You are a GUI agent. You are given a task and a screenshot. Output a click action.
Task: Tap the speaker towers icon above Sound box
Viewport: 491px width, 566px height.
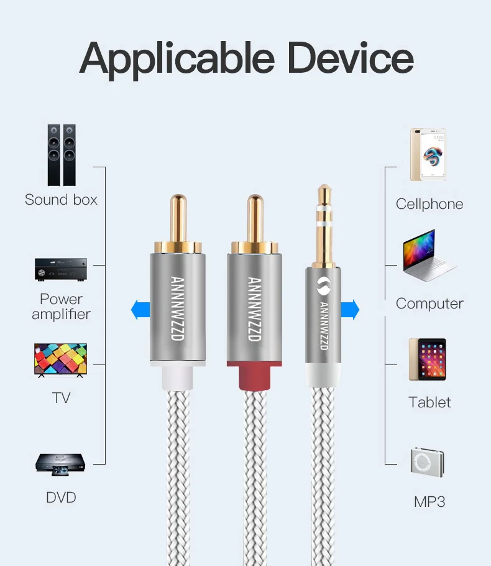coord(62,155)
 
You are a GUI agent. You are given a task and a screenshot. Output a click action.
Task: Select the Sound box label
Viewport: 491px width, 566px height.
coord(62,200)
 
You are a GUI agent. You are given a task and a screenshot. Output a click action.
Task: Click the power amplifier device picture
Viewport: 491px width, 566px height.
coord(61,269)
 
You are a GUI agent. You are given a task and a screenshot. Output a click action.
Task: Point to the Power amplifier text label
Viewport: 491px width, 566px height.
coord(62,307)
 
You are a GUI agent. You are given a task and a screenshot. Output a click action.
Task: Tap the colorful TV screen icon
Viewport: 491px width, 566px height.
coord(60,360)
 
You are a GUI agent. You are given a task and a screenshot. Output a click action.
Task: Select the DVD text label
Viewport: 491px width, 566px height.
coord(61,498)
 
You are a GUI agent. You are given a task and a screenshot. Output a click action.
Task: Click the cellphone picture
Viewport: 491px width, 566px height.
coord(428,155)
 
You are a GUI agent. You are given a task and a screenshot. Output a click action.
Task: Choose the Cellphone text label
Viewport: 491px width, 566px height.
coord(429,204)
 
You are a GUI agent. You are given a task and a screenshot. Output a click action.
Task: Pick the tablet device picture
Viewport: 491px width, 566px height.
coord(428,359)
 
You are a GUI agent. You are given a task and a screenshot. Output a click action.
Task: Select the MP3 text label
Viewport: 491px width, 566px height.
coord(429,501)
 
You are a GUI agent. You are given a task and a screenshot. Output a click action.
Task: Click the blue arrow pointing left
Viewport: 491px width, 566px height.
coord(140,309)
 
